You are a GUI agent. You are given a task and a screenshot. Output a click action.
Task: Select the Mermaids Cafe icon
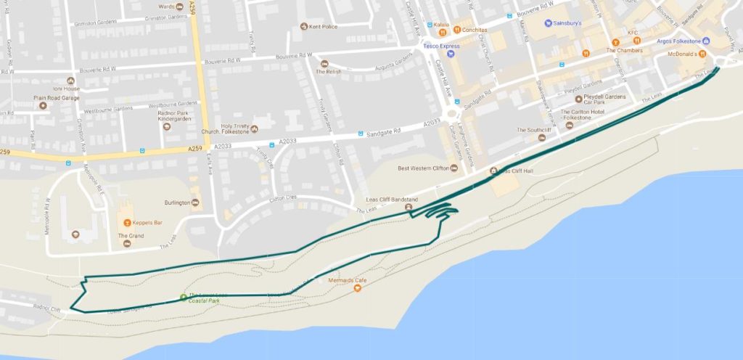(357, 289)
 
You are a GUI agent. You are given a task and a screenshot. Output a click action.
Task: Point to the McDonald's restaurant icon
(702, 54)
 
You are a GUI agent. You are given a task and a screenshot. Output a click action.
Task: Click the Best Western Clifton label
(424, 168)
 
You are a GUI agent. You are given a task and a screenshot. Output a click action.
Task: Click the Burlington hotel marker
(196, 202)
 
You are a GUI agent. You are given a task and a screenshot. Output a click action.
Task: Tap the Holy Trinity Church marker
(254, 130)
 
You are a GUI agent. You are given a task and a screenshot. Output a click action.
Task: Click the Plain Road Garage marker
(43, 105)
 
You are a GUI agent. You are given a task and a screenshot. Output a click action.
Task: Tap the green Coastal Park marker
(183, 296)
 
